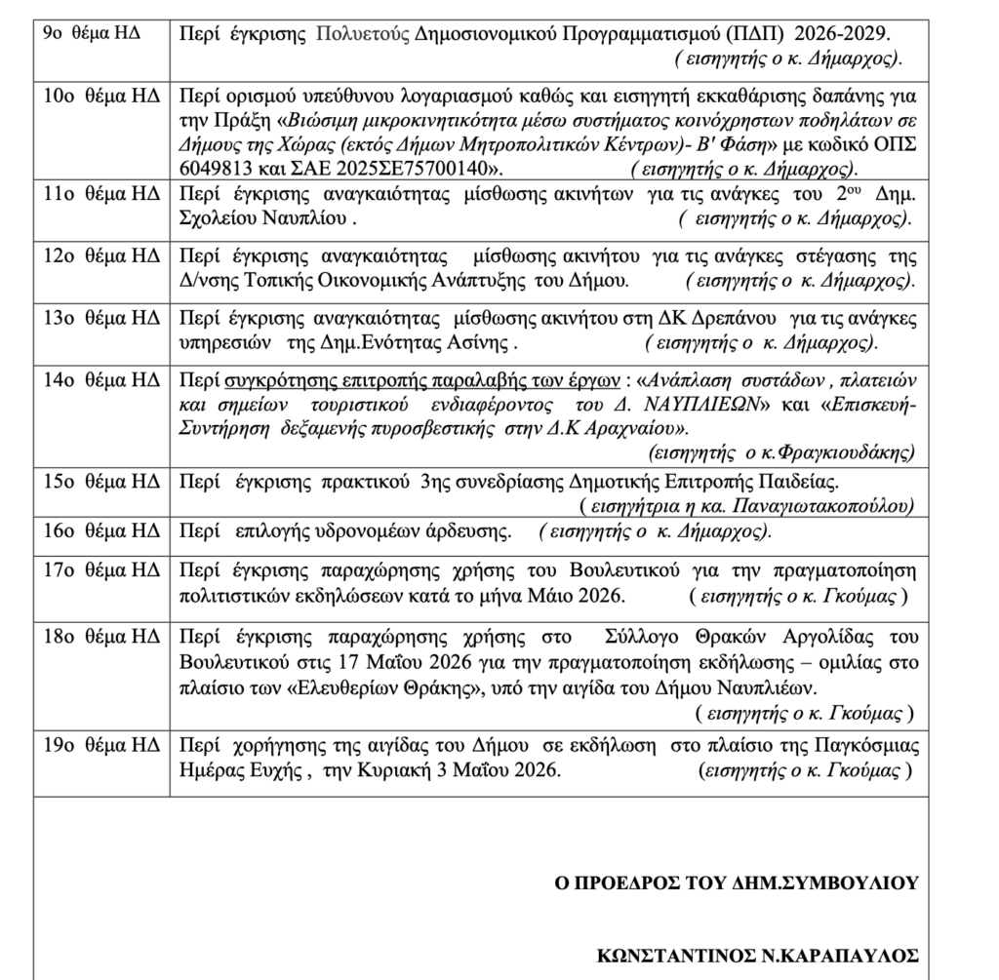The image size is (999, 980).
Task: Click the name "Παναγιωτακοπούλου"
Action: click(828, 505)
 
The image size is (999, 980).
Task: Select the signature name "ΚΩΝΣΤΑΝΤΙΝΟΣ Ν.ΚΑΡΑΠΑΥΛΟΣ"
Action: click(757, 957)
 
